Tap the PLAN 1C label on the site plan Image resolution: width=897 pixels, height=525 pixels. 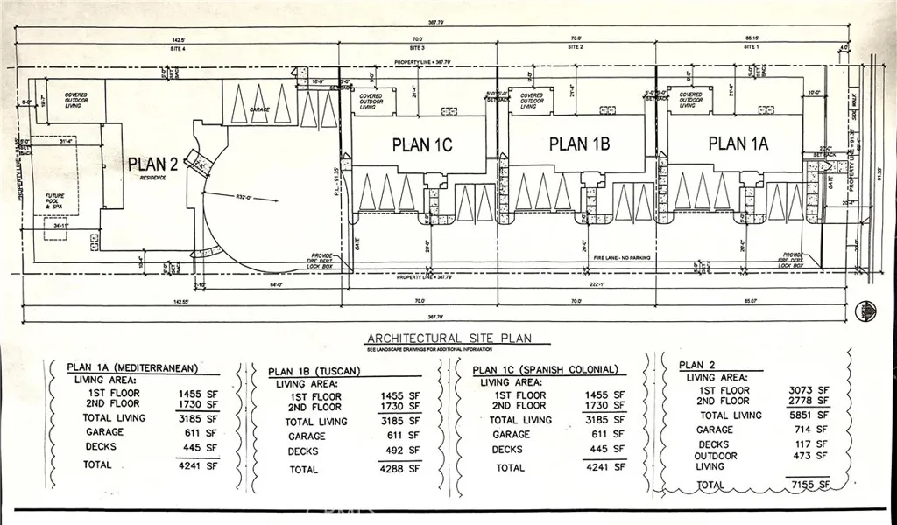(422, 145)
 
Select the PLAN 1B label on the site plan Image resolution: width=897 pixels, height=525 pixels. (579, 143)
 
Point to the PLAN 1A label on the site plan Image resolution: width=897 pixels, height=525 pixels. (738, 143)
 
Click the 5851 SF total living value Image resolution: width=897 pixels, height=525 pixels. (809, 416)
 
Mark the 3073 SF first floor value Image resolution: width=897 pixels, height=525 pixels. (809, 390)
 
